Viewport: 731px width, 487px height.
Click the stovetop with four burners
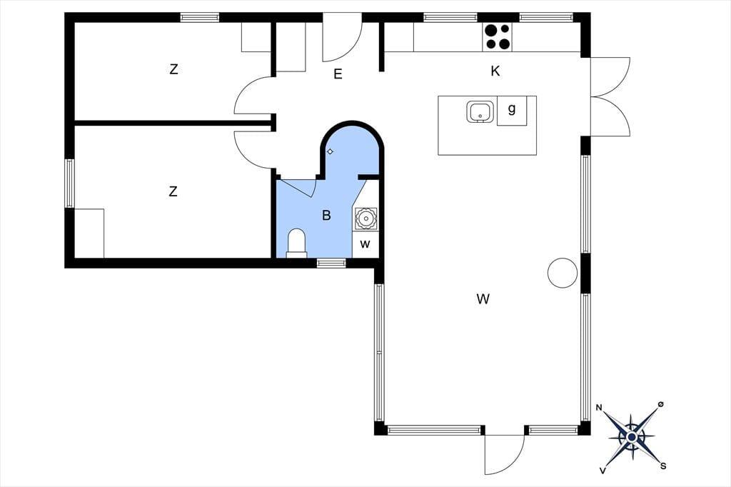click(x=497, y=37)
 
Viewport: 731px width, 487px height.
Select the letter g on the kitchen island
click(x=512, y=109)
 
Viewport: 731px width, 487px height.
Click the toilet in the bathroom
click(x=296, y=243)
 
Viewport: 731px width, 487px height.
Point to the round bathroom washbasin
click(x=365, y=218)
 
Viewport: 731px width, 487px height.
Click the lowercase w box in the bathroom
click(x=365, y=244)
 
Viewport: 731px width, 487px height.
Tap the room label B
click(x=326, y=215)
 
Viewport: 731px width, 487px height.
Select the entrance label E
click(x=338, y=74)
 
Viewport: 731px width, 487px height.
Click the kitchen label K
click(x=495, y=71)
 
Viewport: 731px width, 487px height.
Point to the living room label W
click(x=483, y=298)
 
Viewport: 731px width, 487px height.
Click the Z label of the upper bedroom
click(x=173, y=69)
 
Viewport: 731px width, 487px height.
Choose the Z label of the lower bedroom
click(x=173, y=191)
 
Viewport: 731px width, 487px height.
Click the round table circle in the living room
click(x=563, y=273)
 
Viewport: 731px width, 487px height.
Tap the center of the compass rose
click(x=632, y=437)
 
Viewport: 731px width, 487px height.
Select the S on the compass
click(x=663, y=466)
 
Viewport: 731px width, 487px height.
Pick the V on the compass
click(x=603, y=470)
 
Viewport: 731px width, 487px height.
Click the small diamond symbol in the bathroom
click(x=330, y=151)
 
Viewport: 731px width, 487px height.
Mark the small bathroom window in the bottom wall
click(x=331, y=263)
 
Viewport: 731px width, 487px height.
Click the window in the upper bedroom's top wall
click(x=200, y=17)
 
